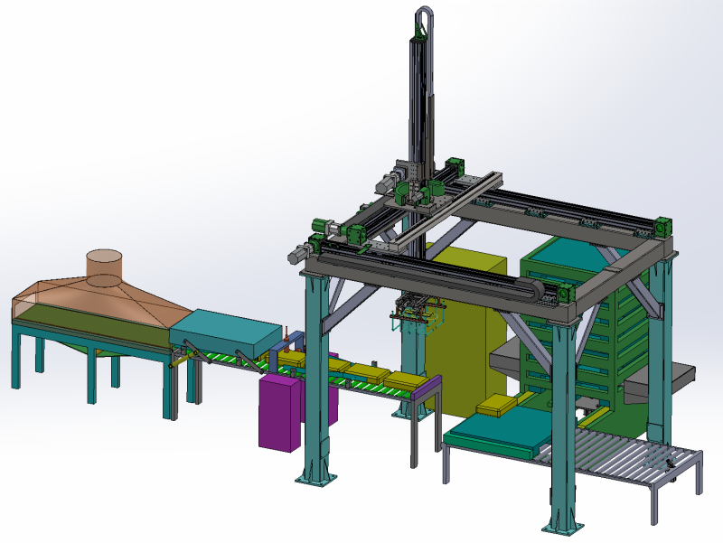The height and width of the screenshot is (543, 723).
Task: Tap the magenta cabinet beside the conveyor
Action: pos(281,412)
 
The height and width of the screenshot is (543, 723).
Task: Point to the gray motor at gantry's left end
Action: pos(296,257)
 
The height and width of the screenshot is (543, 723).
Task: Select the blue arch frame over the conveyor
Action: pos(293,345)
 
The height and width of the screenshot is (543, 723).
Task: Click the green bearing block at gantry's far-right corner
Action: pos(664,226)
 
